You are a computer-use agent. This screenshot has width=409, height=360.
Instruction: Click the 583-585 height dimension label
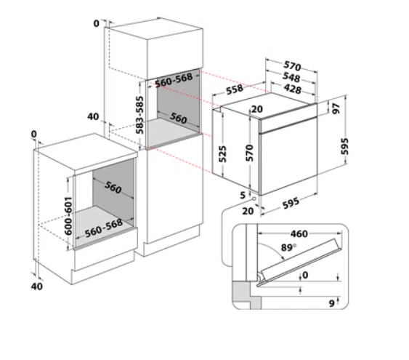(x=139, y=115)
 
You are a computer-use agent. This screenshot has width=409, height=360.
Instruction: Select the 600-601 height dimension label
(x=68, y=216)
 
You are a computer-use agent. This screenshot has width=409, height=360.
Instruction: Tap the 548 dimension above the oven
(x=291, y=77)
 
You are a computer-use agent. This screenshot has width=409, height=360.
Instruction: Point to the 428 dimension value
(x=293, y=89)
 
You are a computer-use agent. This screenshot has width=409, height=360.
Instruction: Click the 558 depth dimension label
(x=235, y=89)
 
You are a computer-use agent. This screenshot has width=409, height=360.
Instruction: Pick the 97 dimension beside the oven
(x=336, y=108)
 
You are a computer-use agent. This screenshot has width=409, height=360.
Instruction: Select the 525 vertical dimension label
(x=222, y=154)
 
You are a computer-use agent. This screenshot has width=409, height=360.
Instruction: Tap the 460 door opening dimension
(x=299, y=233)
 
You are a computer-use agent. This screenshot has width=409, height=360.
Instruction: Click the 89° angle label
(x=288, y=247)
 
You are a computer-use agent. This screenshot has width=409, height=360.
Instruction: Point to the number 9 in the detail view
(x=331, y=303)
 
